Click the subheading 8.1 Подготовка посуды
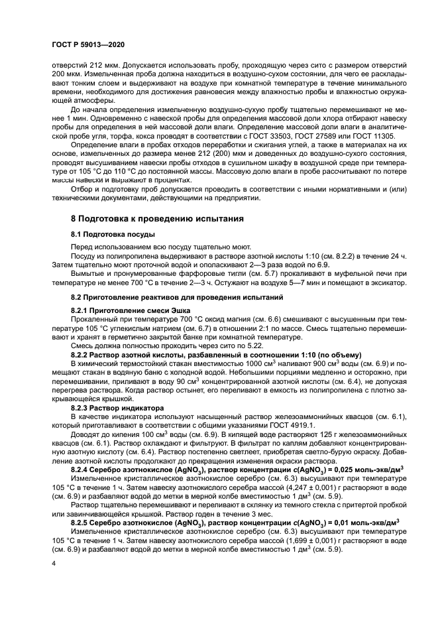pos(113,235)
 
